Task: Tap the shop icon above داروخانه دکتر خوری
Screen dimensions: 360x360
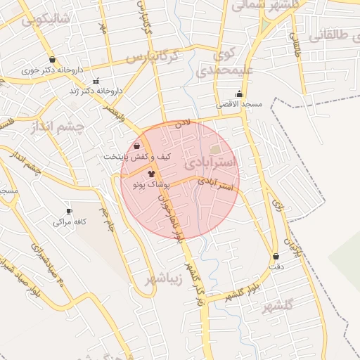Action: click(53, 60)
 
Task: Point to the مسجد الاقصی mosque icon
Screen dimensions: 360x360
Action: click(240, 94)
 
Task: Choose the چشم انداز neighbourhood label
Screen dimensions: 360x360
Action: click(58, 128)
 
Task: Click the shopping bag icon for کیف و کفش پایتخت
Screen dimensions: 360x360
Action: click(136, 146)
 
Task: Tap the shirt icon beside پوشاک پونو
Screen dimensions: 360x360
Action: click(150, 172)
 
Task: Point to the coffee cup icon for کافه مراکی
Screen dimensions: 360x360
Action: click(69, 211)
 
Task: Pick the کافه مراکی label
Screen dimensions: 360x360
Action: click(70, 221)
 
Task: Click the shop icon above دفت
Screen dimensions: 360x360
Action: click(276, 257)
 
